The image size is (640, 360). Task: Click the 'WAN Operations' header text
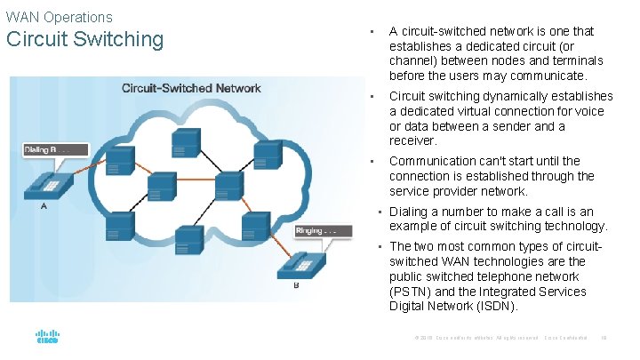coord(59,17)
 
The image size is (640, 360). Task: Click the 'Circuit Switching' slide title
coord(84,40)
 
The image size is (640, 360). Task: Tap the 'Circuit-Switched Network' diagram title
coord(191,88)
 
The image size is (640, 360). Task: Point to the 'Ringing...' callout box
coord(317,231)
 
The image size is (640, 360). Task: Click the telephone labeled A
coord(48,182)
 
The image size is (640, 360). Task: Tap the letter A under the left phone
coord(44,206)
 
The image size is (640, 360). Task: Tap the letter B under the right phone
coord(296,286)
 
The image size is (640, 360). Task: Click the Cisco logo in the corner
coord(47,338)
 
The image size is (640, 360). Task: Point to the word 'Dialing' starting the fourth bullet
coord(410,212)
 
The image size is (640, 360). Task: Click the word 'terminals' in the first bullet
coord(576,60)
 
